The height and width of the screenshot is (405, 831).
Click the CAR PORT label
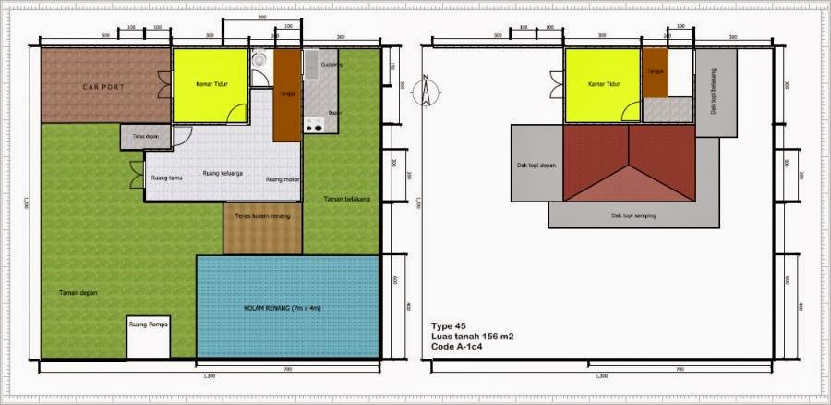click(x=103, y=87)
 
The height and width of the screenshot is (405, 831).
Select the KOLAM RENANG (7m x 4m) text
click(x=288, y=307)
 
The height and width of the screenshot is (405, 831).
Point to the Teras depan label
click(x=140, y=136)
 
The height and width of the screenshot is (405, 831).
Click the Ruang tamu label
click(x=166, y=178)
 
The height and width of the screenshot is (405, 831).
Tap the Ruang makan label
click(x=281, y=179)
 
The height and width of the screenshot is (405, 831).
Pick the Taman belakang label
click(x=346, y=199)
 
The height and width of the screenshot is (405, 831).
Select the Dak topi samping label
click(x=633, y=215)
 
